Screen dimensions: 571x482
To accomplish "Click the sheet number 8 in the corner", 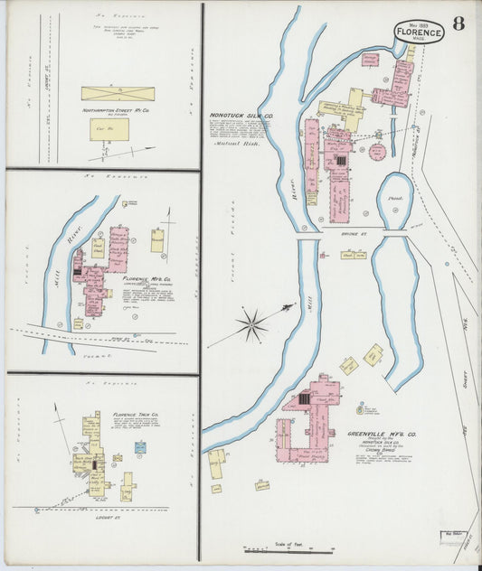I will (x=458, y=23).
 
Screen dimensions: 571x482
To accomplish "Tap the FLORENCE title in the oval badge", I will (x=419, y=33).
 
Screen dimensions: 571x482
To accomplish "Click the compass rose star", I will (x=252, y=323).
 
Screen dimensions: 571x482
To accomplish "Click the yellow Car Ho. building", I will (x=109, y=130).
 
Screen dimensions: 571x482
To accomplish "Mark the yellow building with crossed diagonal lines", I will (x=118, y=93).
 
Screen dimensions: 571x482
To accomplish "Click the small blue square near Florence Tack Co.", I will (x=140, y=447).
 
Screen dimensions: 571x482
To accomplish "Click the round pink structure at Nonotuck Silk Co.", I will (x=376, y=151).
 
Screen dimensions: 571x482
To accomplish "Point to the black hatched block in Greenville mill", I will (x=304, y=398).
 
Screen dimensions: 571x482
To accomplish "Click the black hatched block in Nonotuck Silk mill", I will (x=341, y=160).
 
